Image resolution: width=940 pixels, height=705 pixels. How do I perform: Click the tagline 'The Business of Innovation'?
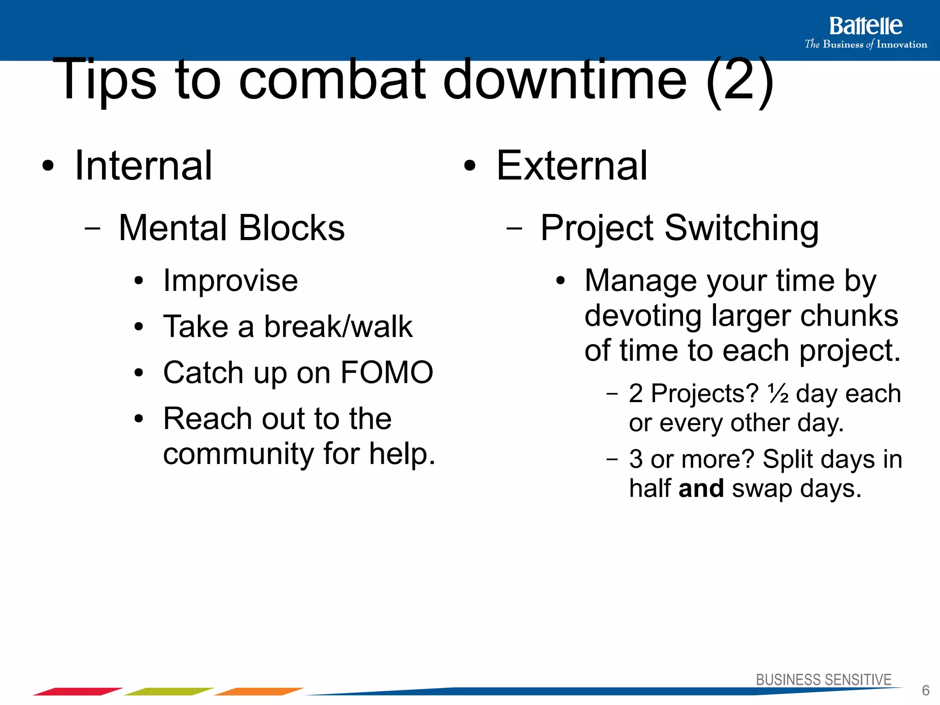866,45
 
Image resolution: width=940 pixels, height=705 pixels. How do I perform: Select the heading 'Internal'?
143,166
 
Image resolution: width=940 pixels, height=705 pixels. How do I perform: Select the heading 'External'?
571,166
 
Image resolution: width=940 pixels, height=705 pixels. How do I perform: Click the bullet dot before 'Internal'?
48,167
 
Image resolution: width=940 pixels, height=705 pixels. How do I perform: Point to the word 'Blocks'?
291,228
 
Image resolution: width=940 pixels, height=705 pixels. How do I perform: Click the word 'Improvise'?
230,280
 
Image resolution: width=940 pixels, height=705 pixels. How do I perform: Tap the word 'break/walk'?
338,327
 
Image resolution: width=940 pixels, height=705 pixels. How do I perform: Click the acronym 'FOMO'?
386,372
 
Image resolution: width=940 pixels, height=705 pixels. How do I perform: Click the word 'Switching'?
741,228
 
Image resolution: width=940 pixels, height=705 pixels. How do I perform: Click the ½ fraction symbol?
778,393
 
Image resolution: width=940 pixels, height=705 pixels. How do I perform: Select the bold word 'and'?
701,488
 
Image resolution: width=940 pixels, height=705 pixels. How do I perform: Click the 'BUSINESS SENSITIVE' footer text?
823,680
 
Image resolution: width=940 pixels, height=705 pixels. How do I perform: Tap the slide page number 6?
925,690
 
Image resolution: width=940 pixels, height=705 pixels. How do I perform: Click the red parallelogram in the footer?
78,691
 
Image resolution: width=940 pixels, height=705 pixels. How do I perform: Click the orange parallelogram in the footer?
259,691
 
